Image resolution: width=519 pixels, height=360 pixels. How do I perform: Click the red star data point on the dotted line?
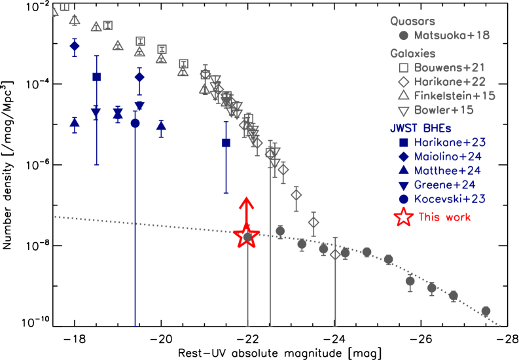point(247,236)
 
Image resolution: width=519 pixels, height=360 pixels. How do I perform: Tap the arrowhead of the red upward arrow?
point(247,200)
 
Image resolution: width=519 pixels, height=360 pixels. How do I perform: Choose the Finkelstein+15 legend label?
point(454,96)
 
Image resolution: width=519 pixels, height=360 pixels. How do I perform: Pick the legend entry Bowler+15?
point(444,111)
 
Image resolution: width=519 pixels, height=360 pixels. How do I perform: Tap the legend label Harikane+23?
point(449,142)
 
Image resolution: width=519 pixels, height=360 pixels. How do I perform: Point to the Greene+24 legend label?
point(445,185)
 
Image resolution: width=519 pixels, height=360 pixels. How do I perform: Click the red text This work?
point(444,217)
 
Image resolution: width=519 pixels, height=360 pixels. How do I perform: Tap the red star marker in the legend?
point(404,217)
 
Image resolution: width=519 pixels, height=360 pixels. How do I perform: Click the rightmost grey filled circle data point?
point(486,311)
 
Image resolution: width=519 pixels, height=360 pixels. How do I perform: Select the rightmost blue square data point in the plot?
point(226,143)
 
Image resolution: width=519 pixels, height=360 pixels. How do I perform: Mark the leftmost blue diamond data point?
point(75,46)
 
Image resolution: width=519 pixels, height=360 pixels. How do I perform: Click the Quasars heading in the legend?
point(412,21)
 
